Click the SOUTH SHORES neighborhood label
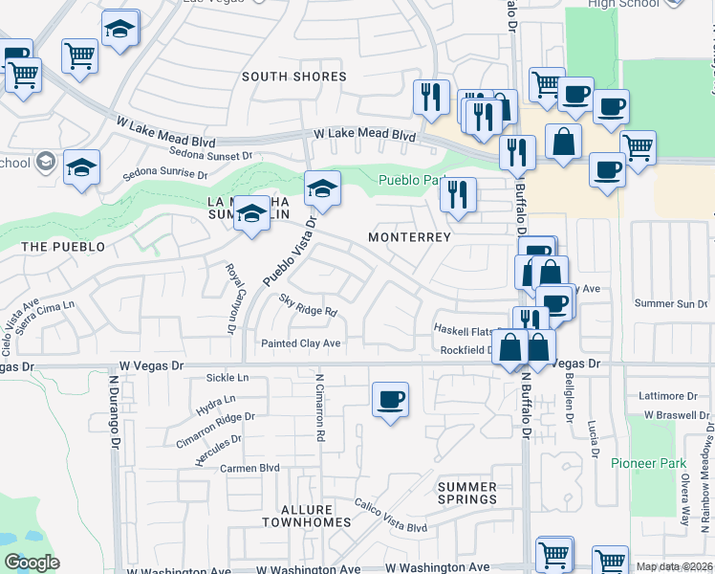point(293,77)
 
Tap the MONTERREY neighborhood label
point(409,236)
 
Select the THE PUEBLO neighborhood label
point(62,247)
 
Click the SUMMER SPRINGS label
point(467,494)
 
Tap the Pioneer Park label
point(649,463)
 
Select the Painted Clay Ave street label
point(301,343)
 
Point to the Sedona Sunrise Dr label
point(165,175)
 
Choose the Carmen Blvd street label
point(249,469)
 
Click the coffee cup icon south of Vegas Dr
point(390,399)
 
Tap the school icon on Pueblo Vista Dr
point(323,188)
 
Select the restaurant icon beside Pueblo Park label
point(459,195)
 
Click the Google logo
point(32,563)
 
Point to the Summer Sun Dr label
point(668,303)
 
